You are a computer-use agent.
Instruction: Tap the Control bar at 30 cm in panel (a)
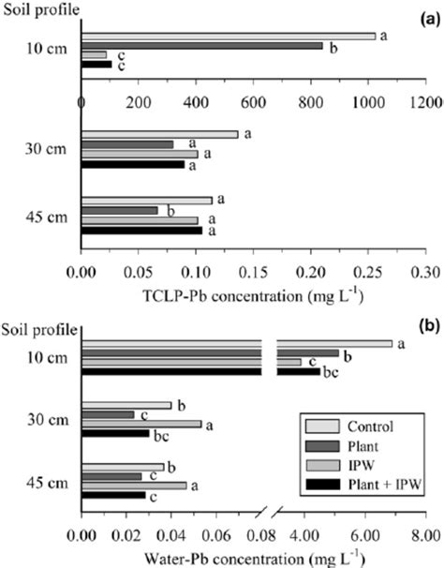(x=159, y=134)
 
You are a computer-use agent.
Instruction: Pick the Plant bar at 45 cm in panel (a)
(x=119, y=210)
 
